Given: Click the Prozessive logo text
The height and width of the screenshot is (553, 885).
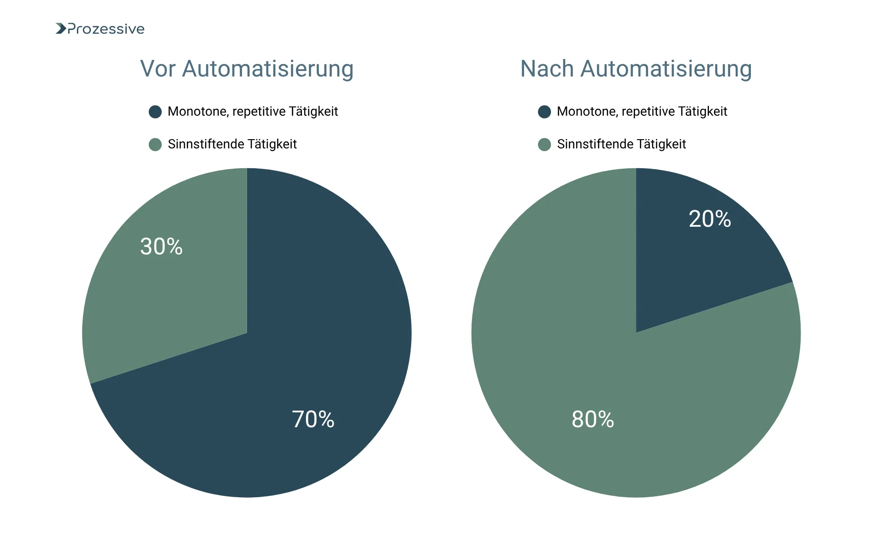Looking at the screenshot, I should tap(106, 29).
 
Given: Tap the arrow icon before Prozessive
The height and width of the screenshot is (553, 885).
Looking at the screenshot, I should tap(61, 29).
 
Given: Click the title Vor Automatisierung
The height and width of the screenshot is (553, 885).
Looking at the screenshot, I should tap(247, 69).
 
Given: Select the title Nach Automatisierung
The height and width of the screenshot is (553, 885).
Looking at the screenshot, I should tap(636, 69).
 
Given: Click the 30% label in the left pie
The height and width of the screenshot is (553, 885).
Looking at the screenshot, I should tap(161, 247).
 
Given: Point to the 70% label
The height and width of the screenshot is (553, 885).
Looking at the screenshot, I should tap(313, 419).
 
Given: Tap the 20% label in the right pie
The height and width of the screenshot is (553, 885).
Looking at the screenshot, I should tap(710, 219).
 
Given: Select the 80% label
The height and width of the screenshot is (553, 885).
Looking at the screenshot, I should tap(593, 419).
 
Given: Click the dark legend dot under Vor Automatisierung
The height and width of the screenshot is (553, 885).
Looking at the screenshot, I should tap(155, 112).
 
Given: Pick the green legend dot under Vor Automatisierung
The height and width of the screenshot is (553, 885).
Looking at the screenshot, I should tap(155, 144).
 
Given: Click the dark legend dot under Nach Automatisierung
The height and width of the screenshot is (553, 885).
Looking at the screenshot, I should tap(544, 112).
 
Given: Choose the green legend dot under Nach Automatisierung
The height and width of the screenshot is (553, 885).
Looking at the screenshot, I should tap(544, 144).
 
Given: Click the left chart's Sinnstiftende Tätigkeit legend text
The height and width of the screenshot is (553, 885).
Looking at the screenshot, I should tap(232, 144).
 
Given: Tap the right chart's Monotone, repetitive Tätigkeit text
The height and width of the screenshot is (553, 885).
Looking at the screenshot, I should tap(642, 112).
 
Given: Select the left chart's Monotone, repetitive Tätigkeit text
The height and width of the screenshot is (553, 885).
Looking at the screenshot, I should tap(253, 112).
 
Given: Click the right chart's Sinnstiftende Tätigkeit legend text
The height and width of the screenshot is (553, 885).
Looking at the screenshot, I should tap(621, 144).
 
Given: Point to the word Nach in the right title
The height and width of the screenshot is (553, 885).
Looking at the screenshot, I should tap(547, 69).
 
